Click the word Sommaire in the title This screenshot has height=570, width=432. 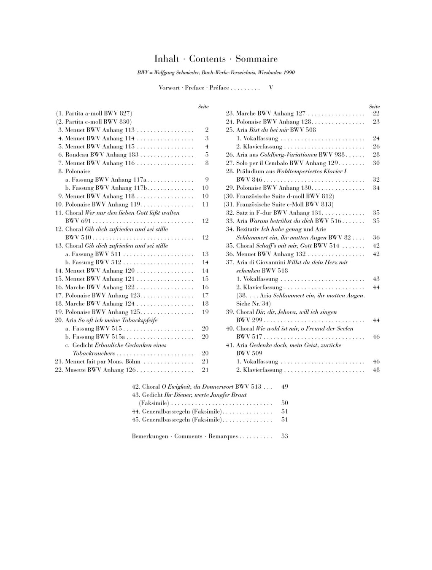[x=256, y=59]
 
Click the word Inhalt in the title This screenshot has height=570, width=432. [x=167, y=59]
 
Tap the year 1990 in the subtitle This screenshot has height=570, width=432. [x=289, y=73]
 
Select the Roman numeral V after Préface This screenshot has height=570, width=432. [x=271, y=88]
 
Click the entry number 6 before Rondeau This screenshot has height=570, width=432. [x=61, y=155]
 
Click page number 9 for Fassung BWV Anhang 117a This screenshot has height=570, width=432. [x=207, y=180]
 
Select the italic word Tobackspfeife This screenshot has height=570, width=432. [x=139, y=320]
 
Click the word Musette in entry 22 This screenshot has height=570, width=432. [x=76, y=370]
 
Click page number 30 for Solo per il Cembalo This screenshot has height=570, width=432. [x=376, y=163]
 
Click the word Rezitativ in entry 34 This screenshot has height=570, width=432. [x=248, y=229]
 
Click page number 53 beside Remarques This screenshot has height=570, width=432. [x=285, y=436]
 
